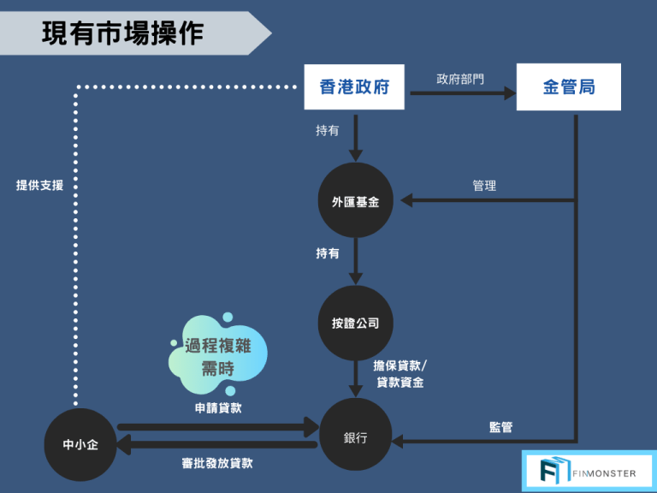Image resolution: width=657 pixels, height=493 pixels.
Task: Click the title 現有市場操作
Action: pyautogui.click(x=122, y=33)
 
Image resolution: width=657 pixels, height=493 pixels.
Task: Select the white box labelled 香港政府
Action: pyautogui.click(x=354, y=87)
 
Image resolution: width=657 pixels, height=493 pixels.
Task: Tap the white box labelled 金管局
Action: pyautogui.click(x=569, y=87)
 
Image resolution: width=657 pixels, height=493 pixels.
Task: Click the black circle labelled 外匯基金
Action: pyautogui.click(x=355, y=202)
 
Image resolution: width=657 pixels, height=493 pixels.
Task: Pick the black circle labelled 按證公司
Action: pyautogui.click(x=355, y=323)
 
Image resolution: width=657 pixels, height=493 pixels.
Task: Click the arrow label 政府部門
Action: pyautogui.click(x=459, y=79)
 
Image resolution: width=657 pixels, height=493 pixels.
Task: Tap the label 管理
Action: pyautogui.click(x=483, y=186)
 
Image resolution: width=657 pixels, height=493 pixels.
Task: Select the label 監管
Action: pyautogui.click(x=500, y=426)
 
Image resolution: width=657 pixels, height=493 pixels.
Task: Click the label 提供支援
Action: pyautogui.click(x=39, y=185)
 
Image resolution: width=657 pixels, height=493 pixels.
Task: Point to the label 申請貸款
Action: pyautogui.click(x=218, y=408)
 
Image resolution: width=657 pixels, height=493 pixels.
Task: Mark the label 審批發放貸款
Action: pyautogui.click(x=217, y=463)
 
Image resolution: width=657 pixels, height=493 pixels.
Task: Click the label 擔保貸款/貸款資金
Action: pyautogui.click(x=400, y=374)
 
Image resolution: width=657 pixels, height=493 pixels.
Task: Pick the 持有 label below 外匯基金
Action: pyautogui.click(x=328, y=254)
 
